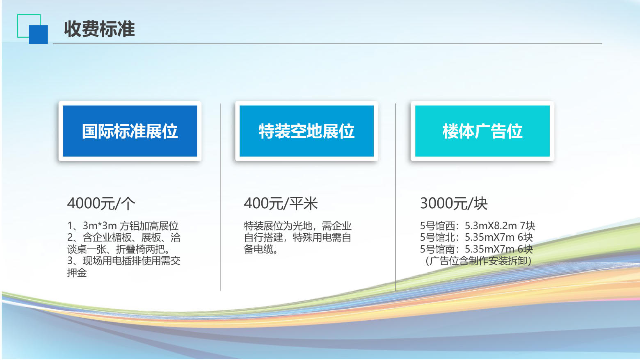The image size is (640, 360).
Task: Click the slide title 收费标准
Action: [x=99, y=29]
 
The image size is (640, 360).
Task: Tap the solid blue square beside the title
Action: [x=38, y=34]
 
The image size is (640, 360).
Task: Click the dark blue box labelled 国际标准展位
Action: [x=130, y=131]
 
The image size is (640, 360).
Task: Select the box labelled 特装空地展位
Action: [x=306, y=131]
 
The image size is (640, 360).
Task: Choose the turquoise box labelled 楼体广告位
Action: [x=482, y=131]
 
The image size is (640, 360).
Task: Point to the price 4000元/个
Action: [x=101, y=203]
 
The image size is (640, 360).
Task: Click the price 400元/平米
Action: [x=281, y=203]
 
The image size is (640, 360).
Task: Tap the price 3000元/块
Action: [x=454, y=203]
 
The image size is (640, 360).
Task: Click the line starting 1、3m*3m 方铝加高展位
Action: [x=123, y=226]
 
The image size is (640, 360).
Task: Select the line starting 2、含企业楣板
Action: [x=124, y=237]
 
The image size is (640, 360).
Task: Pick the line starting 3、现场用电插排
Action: [x=124, y=261]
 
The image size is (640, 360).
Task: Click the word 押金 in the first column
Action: [x=77, y=272]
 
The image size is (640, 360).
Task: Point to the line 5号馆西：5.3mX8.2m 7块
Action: [x=478, y=226]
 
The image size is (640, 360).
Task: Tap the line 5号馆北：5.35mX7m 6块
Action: [x=476, y=237]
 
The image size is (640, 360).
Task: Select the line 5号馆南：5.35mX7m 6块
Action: [x=476, y=249]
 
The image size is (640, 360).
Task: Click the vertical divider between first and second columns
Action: [x=220, y=197]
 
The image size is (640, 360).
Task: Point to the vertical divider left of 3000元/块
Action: [x=395, y=197]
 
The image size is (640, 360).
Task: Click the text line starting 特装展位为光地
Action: [x=297, y=226]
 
